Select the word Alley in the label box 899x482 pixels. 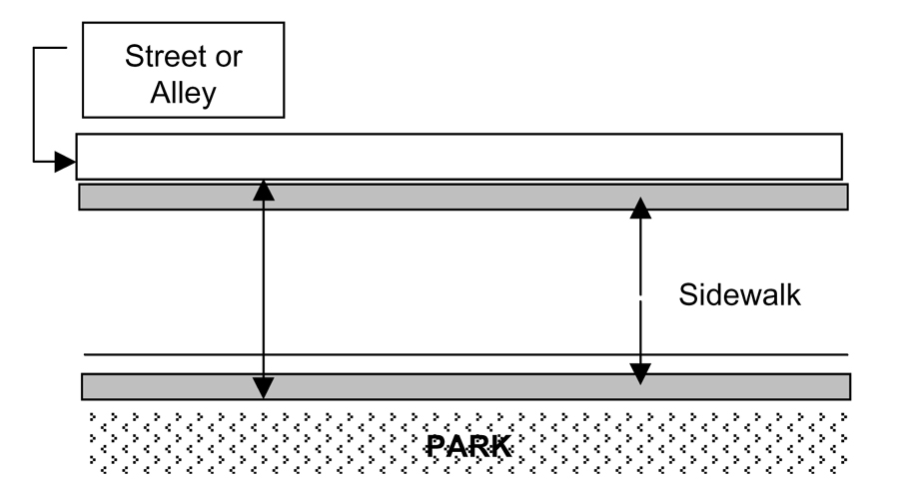(x=183, y=93)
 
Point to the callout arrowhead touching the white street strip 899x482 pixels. (x=65, y=160)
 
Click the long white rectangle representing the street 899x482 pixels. (x=459, y=157)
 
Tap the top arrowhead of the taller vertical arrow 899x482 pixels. (x=263, y=191)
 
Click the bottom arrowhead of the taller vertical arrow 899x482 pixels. (x=263, y=388)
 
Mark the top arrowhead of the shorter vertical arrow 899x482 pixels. (x=639, y=208)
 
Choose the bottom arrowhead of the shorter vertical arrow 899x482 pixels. (x=639, y=373)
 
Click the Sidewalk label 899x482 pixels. (x=740, y=295)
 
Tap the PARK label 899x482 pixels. (x=468, y=445)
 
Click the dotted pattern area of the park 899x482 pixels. (x=250, y=439)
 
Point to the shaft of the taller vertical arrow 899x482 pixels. (x=263, y=289)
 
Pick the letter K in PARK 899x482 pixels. (x=501, y=445)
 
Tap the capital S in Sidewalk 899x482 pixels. (x=688, y=295)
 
